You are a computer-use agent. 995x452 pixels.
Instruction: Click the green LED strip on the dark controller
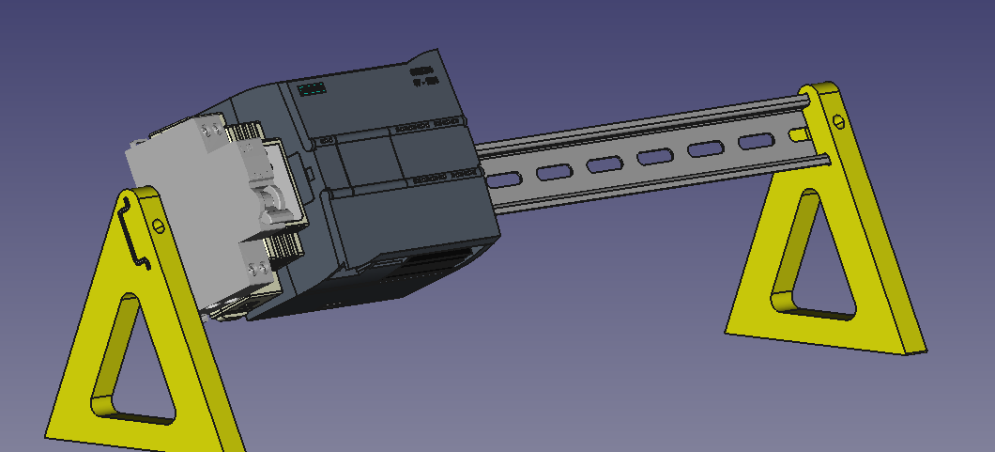pyautogui.click(x=312, y=89)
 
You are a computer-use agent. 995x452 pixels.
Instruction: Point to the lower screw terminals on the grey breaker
pyautogui.click(x=253, y=269)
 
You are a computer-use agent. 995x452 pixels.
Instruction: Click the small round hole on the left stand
pyautogui.click(x=159, y=225)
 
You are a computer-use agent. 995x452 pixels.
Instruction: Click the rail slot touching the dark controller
pyautogui.click(x=503, y=177)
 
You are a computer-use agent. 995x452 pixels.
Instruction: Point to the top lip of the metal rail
pyautogui.click(x=638, y=123)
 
